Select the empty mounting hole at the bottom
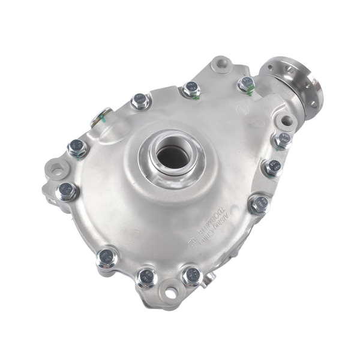click(x=171, y=292)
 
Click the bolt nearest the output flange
click(x=246, y=84)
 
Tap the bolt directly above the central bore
click(x=191, y=89)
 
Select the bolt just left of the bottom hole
click(x=146, y=277)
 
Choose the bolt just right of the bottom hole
click(x=193, y=275)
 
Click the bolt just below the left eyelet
click(x=67, y=191)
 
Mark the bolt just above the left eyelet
click(x=77, y=147)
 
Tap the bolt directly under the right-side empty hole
click(x=283, y=141)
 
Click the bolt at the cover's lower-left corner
click(x=107, y=258)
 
